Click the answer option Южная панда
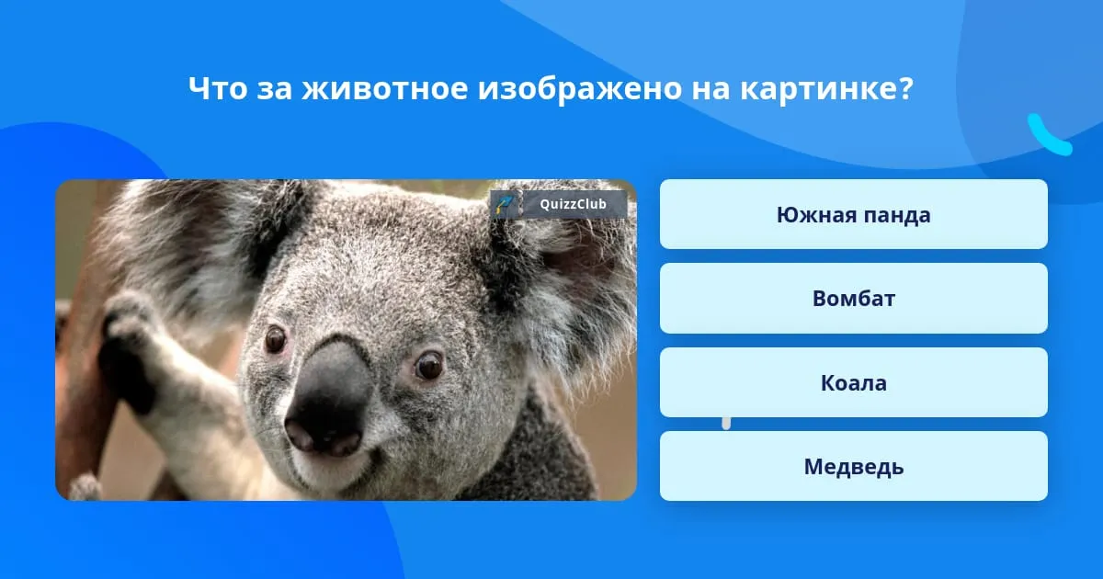853,214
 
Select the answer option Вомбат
853,299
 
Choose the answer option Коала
853,382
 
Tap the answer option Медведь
853,466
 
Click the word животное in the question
384,88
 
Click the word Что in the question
218,88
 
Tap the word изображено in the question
580,89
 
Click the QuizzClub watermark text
573,204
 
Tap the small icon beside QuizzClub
505,204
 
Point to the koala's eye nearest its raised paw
275,339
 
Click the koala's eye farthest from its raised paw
428,365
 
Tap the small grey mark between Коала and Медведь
726,424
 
